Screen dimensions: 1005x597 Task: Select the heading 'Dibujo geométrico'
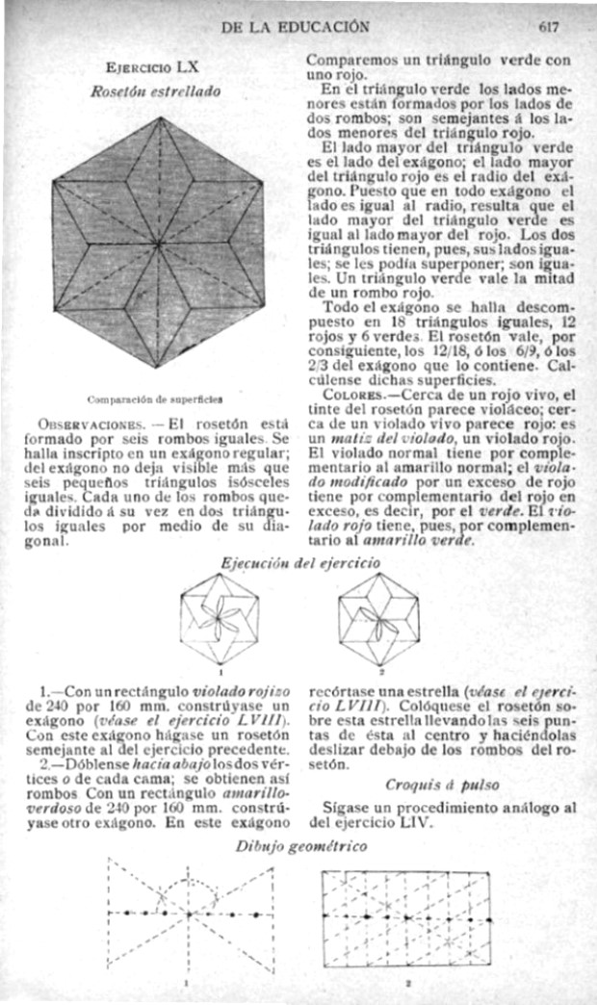(301, 846)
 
